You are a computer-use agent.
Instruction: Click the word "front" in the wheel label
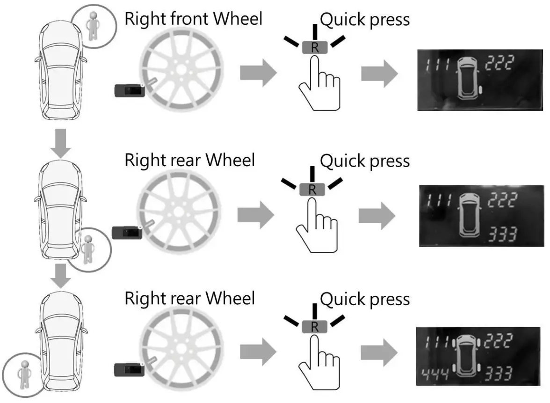click(x=192, y=19)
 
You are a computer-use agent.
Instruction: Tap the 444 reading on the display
click(x=434, y=373)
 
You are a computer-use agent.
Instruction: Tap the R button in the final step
click(x=314, y=327)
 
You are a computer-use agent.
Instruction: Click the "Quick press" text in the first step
click(x=365, y=20)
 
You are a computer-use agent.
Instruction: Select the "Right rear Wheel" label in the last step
click(x=190, y=298)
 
